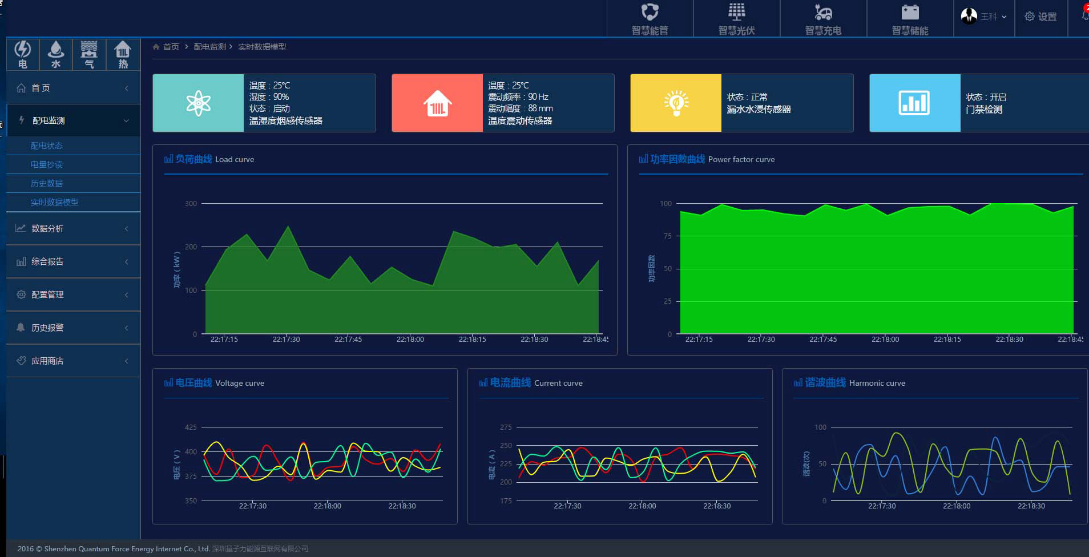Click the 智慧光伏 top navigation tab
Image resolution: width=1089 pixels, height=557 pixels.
(736, 19)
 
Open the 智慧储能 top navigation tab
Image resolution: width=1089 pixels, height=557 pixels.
(910, 19)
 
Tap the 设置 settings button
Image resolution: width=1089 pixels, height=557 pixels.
(1040, 17)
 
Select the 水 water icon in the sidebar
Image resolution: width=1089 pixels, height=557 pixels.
(55, 54)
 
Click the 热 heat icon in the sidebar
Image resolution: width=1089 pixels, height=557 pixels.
(123, 54)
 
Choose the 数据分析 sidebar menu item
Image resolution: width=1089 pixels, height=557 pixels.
(47, 228)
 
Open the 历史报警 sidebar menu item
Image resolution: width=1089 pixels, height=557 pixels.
(47, 328)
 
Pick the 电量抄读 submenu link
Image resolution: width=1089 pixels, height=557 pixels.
(47, 164)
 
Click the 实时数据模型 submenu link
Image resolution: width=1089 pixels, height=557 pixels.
(55, 202)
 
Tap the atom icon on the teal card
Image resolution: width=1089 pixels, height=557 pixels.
(198, 103)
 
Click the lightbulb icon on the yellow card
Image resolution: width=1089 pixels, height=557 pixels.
(676, 103)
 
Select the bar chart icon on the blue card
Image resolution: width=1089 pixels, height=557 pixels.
(914, 103)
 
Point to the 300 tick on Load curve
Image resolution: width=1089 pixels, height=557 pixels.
(191, 204)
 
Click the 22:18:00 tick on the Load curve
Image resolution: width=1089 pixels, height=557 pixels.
(410, 339)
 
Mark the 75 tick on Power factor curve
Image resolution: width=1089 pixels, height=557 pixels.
(667, 236)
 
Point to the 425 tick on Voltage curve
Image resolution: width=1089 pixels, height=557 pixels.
(191, 427)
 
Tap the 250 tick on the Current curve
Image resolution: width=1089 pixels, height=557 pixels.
(506, 446)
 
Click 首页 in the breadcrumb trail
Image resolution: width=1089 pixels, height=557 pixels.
(171, 47)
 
